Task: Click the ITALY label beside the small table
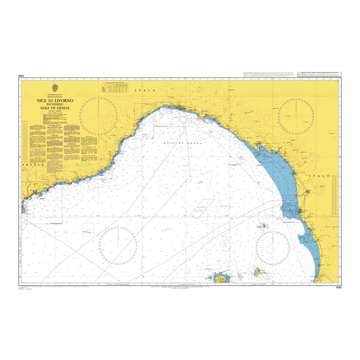tap(146, 90)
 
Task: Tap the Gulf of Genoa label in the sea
tap(184, 144)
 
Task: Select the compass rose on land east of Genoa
tap(296, 114)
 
